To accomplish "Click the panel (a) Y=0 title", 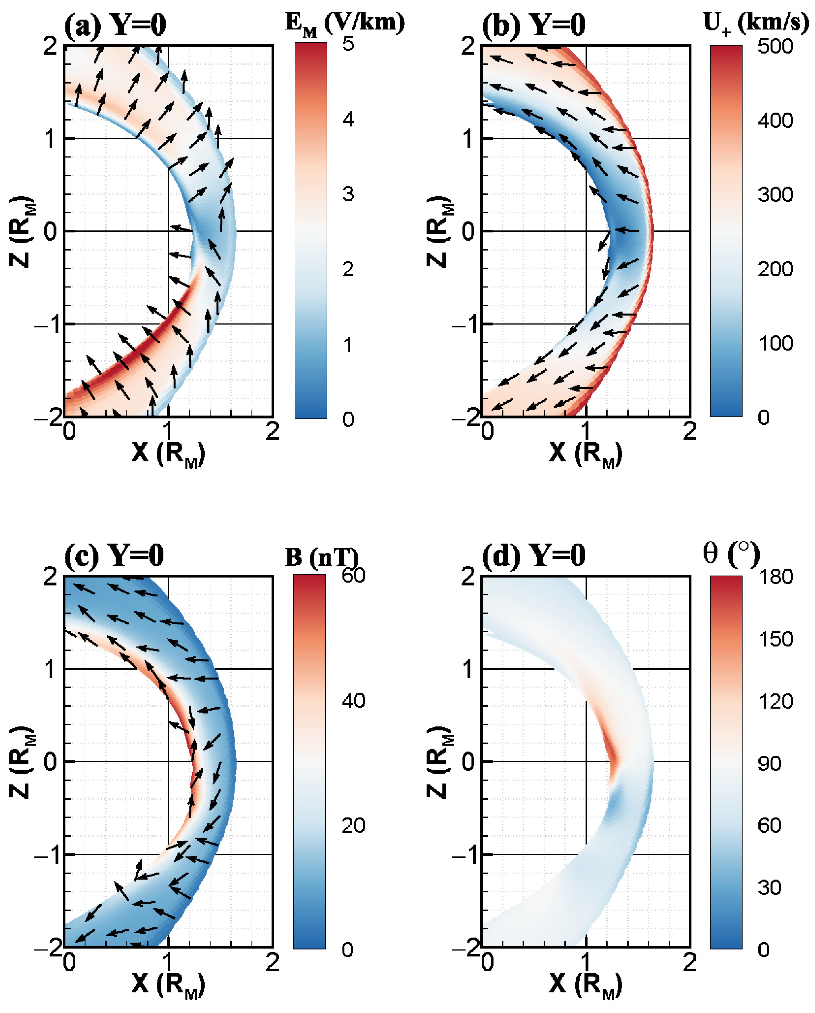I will point(115,25).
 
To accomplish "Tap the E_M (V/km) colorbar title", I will point(344,23).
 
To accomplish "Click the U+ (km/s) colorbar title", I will point(755,23).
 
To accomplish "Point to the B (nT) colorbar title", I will point(321,557).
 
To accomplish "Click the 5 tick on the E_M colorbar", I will point(348,44).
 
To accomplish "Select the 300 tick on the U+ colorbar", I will point(775,195).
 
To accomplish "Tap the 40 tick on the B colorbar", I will point(353,701).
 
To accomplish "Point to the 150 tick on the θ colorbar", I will point(775,639).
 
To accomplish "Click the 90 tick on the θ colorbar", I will point(769,764).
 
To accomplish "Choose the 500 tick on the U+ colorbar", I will point(775,46).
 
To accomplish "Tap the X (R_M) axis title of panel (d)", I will point(585,985).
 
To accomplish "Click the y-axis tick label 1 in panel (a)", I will point(50,139).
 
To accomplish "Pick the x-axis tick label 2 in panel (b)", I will point(689,431).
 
